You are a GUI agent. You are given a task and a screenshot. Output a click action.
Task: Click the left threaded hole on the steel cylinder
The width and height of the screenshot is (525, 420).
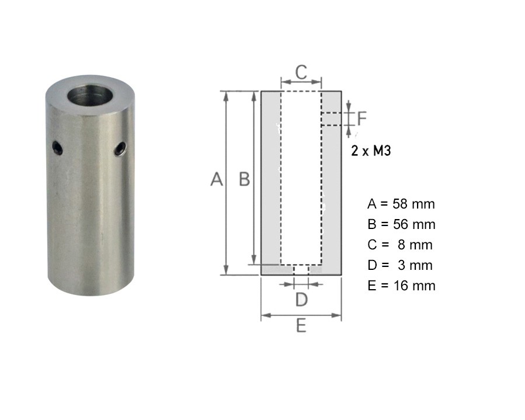click(57, 148)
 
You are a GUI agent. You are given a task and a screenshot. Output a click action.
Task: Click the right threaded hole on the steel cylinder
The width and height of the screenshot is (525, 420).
click(120, 149)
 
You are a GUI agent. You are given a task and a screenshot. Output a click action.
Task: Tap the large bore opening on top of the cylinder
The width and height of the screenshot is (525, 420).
click(91, 95)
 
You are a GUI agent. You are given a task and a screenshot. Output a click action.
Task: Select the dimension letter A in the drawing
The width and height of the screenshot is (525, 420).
click(217, 179)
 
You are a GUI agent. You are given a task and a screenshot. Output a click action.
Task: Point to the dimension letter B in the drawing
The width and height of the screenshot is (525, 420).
click(245, 179)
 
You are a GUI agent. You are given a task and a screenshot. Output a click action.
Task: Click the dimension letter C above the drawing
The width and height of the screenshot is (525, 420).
click(301, 72)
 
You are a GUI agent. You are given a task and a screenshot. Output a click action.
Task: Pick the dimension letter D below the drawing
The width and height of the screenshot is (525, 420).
click(301, 300)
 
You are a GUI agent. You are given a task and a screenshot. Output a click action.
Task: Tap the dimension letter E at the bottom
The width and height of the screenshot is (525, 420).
click(301, 325)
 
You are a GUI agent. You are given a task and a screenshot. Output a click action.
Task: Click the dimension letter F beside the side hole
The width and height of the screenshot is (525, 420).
click(362, 118)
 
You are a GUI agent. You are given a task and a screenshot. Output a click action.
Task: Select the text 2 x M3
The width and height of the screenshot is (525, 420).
click(371, 151)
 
